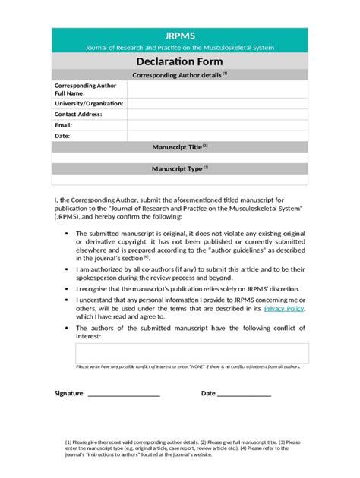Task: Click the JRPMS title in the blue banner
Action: click(180, 36)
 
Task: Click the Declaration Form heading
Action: click(180, 61)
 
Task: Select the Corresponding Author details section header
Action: click(180, 75)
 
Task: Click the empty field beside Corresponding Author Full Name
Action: click(217, 90)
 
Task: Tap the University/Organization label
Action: click(89, 102)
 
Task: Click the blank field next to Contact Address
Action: click(217, 114)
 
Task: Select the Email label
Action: click(64, 124)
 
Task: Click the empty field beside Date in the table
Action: click(217, 135)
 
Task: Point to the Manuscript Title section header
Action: click(180, 146)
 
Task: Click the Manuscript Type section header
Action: click(180, 168)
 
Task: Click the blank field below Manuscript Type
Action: click(180, 180)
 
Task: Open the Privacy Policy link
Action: click(284, 310)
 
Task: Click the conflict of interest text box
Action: click(192, 353)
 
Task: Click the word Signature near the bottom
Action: click(68, 393)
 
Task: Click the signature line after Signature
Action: click(124, 395)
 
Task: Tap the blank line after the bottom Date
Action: click(245, 395)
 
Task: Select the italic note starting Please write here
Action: click(188, 367)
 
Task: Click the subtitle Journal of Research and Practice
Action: click(180, 48)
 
